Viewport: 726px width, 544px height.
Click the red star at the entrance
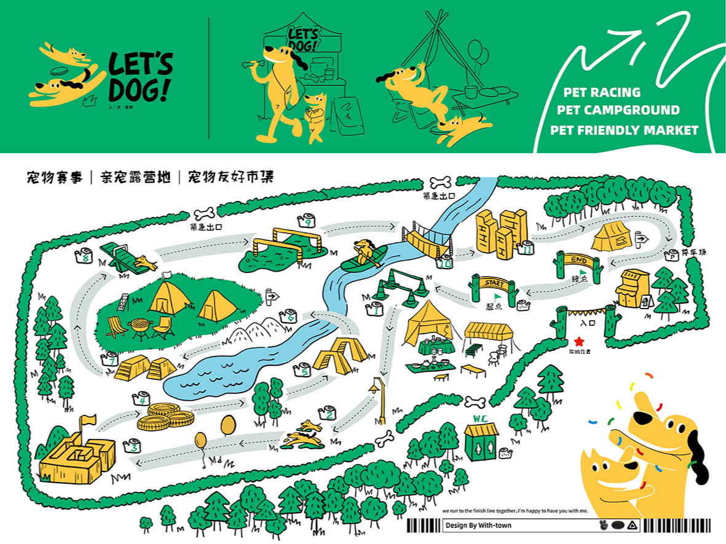coord(578,341)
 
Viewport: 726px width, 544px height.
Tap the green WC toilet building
coord(482,439)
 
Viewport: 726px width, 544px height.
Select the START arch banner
coord(495,284)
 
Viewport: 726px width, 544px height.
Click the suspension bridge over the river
coord(427,240)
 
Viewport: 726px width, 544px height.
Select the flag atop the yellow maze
coord(88,421)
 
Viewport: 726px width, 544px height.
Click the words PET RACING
coord(602,93)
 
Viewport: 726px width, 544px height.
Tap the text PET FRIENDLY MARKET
coord(624,130)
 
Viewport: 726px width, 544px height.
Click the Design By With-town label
coord(478,526)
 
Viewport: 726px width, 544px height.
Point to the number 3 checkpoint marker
coord(132,446)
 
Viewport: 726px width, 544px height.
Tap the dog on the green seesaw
coord(146,262)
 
